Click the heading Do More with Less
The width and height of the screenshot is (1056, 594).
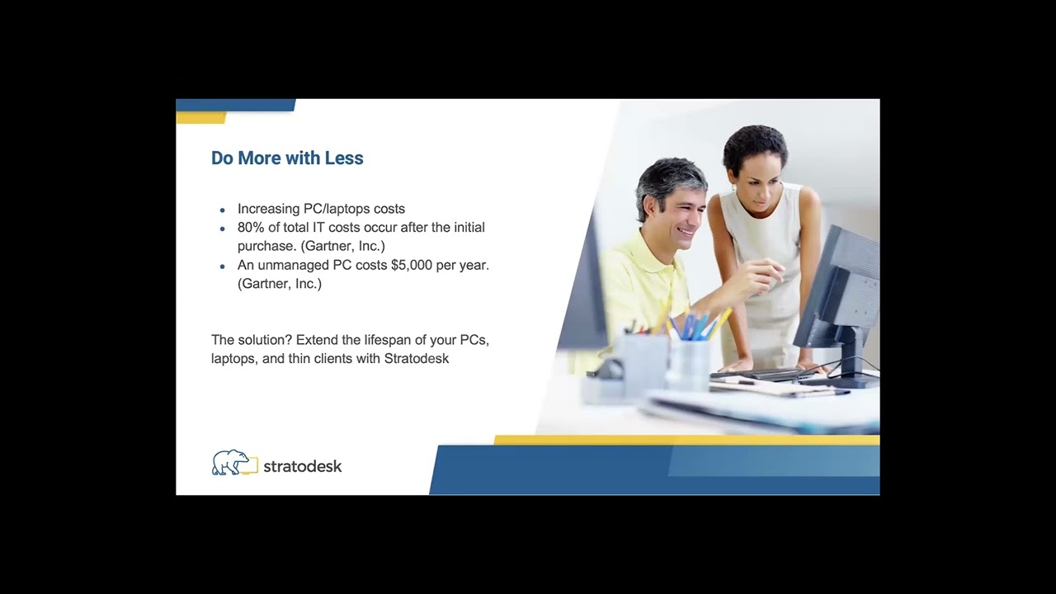287,158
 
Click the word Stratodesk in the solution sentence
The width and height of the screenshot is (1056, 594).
417,359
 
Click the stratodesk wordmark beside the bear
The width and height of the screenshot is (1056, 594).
302,466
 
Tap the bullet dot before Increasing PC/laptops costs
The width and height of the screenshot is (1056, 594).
223,210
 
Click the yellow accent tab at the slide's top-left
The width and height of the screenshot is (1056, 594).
201,118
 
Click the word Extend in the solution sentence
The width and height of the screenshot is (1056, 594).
317,340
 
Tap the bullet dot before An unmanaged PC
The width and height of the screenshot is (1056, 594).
223,266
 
